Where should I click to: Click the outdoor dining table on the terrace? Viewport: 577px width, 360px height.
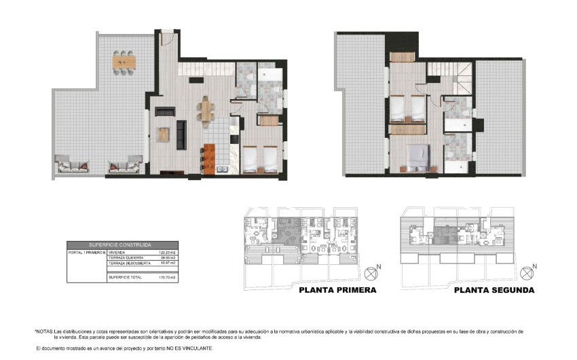(124, 62)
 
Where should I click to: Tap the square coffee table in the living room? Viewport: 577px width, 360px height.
(163, 134)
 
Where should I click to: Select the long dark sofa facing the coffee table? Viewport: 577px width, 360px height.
(181, 134)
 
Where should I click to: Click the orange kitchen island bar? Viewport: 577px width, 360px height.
(209, 160)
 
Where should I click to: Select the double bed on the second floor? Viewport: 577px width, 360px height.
(417, 156)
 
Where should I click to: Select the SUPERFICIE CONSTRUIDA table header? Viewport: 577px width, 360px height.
(120, 245)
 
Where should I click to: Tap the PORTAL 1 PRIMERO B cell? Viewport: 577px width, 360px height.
(87, 252)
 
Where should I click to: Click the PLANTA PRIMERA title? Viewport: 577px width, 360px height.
(337, 290)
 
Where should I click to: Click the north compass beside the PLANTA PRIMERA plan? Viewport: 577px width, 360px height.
(371, 273)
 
